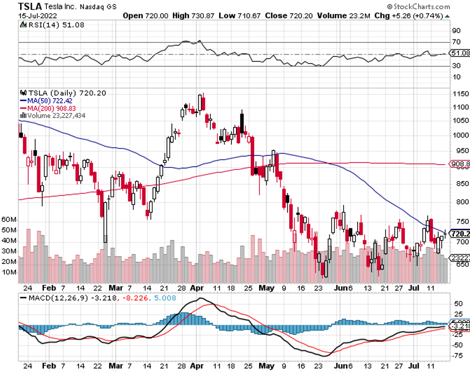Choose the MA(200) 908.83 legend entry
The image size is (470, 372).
[x=56, y=107]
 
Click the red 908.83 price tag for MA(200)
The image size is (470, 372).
[x=459, y=165]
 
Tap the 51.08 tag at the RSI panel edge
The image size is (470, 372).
[x=459, y=53]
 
